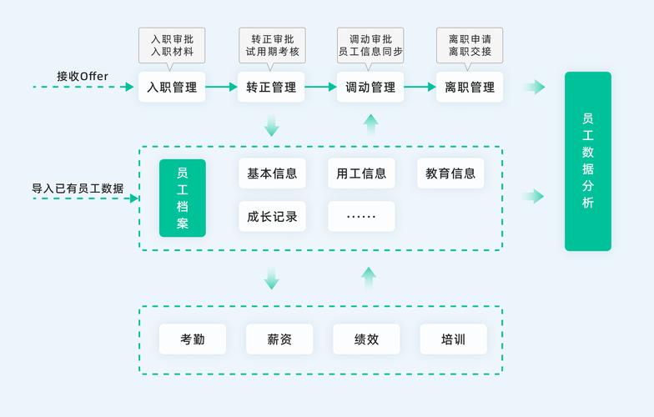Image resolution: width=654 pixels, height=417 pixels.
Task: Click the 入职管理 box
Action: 172,87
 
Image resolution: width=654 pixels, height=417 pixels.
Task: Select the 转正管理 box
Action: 271,87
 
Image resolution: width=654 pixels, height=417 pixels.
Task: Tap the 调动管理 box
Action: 370,87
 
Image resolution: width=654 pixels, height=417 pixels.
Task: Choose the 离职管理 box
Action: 470,87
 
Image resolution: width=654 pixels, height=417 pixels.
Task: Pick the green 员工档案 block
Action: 182,198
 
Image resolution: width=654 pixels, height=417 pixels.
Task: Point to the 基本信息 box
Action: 272,173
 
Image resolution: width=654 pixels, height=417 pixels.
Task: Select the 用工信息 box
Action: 361,173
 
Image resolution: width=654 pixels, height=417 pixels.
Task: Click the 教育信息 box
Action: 450,173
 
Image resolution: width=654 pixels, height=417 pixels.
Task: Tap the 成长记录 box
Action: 272,216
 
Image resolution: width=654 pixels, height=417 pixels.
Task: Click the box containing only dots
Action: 361,216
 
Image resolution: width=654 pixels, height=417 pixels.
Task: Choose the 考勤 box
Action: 193,339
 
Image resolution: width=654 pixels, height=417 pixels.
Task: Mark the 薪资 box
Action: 279,339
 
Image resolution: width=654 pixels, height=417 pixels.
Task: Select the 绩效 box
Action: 366,339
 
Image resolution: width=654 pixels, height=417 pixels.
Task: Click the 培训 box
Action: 453,339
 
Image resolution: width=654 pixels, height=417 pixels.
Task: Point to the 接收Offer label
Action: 83,76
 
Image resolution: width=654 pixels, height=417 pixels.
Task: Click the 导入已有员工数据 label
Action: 78,188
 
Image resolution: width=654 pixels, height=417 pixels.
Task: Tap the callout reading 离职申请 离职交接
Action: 470,45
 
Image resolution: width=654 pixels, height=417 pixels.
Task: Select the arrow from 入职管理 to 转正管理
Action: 221,87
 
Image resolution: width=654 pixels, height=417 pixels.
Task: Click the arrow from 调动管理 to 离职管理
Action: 420,87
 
